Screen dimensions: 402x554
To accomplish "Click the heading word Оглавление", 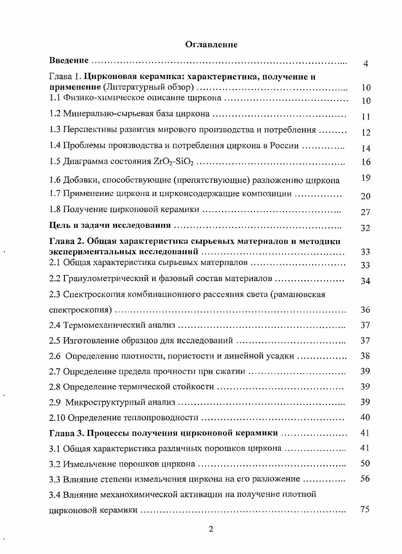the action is click(211, 44).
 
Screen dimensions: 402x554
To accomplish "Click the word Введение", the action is click(69, 61).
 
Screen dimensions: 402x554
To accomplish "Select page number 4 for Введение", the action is click(366, 64).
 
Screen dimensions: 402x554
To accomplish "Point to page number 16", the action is click(366, 163).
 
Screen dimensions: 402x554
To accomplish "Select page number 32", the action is click(366, 228).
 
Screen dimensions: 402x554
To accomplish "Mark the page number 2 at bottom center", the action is click(211, 530).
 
